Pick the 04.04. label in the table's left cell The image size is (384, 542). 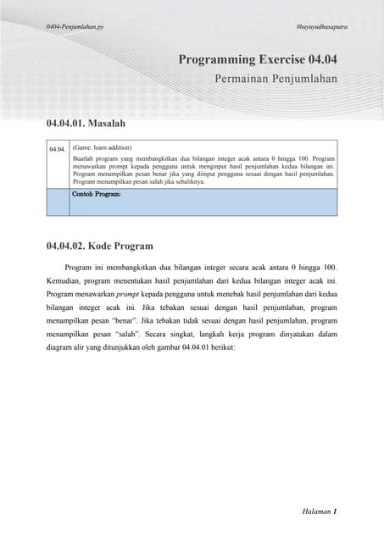[x=58, y=149]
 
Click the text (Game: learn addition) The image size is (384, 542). [x=102, y=147]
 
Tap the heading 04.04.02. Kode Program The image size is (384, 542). [x=99, y=246]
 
